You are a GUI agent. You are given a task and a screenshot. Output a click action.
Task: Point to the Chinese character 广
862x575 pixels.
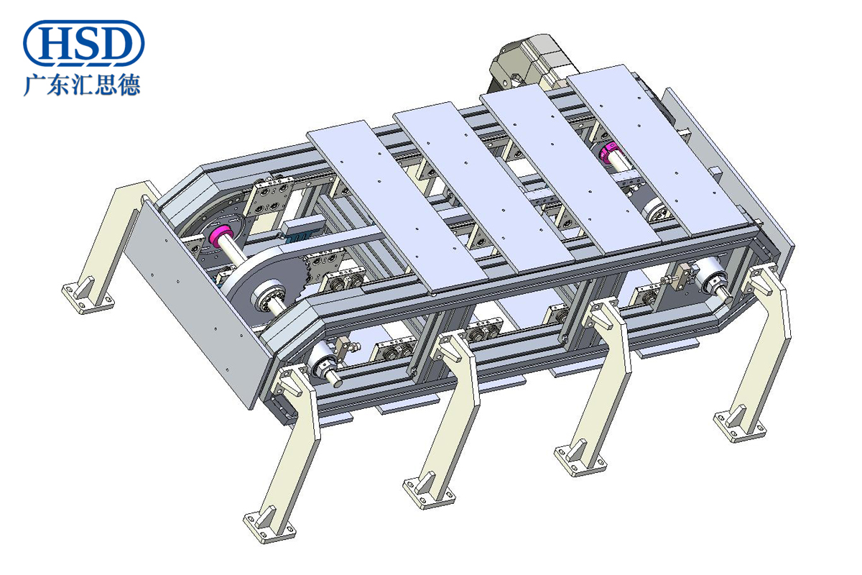point(34,85)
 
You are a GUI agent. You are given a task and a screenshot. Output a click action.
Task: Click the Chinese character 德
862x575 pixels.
point(129,85)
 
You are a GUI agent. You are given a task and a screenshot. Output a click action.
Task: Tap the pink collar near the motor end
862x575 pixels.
point(610,152)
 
